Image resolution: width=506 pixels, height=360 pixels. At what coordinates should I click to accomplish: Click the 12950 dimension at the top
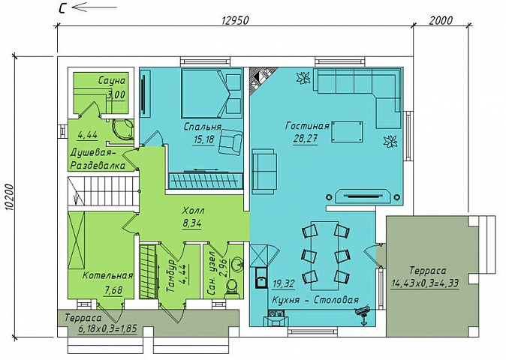235,20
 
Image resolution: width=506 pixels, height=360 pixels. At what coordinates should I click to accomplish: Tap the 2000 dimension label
441,20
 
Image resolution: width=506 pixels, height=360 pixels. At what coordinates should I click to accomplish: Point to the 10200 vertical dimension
10,197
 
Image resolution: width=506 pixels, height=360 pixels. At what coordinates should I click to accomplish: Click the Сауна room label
112,80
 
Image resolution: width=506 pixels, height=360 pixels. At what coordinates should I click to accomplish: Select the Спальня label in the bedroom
203,127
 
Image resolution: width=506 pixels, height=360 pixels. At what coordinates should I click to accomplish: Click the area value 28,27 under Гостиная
306,139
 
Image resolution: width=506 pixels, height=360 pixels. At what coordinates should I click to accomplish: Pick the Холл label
193,211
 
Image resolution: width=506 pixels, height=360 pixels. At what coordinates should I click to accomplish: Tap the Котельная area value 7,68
113,290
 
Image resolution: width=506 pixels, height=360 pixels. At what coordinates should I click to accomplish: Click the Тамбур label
171,276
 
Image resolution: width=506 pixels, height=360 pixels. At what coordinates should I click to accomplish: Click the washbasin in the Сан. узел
236,265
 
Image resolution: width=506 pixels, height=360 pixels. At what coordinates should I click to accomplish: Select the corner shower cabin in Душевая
123,129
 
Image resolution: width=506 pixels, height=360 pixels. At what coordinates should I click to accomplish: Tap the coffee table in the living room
347,131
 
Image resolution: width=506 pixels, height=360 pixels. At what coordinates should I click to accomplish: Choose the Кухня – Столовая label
315,300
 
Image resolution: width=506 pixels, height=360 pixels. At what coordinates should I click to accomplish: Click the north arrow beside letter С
94,7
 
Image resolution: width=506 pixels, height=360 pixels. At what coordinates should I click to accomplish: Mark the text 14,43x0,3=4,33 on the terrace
425,283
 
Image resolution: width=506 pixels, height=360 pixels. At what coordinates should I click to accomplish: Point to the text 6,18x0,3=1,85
107,328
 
